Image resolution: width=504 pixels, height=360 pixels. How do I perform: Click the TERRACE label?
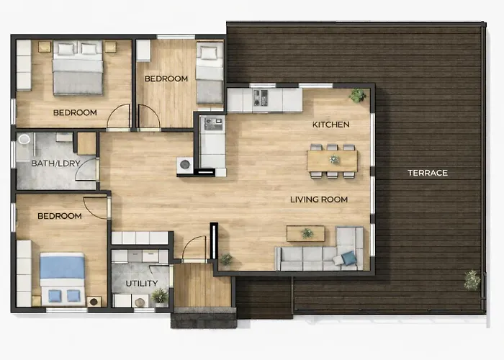(428, 173)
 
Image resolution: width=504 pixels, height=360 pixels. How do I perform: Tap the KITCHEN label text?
(330, 125)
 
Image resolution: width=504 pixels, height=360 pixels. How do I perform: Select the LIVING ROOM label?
(319, 199)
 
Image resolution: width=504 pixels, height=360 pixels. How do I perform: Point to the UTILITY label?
(141, 284)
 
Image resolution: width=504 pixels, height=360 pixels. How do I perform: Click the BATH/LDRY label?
(55, 163)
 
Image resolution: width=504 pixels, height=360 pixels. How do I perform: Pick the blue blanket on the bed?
(63, 266)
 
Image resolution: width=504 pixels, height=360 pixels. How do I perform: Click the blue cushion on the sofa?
(349, 258)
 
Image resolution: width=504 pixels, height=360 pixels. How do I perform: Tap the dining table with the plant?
(333, 161)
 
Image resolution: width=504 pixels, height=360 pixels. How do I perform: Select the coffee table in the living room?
(306, 234)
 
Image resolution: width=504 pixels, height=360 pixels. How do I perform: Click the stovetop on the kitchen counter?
(261, 98)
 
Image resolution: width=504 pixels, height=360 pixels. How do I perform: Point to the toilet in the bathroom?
(24, 139)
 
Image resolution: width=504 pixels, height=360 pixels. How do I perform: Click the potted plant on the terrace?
(472, 280)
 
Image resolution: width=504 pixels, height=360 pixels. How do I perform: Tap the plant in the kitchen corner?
(357, 95)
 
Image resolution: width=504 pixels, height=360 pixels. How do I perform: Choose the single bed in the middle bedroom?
(210, 73)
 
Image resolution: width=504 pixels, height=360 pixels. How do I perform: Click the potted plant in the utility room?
(160, 296)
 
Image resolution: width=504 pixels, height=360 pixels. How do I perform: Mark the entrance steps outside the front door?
(204, 318)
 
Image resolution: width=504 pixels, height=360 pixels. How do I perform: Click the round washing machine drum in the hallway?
(184, 165)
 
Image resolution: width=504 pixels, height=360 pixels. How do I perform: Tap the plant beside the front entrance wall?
(226, 258)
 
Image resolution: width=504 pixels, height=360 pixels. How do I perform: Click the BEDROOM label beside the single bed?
(166, 78)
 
